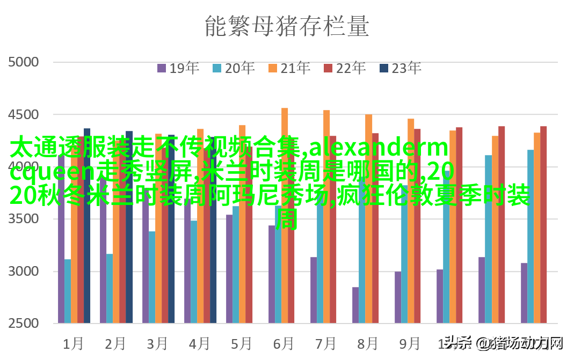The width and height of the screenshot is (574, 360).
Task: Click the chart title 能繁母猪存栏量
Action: click(x=287, y=26)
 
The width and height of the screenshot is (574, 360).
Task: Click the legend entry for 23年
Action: click(x=400, y=68)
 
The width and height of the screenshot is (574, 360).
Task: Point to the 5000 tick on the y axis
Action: click(x=24, y=62)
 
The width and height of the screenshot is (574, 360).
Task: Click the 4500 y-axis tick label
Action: click(x=24, y=115)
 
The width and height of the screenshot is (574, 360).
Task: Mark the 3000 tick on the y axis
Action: click(x=24, y=271)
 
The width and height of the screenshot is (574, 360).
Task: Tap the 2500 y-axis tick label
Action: click(x=24, y=324)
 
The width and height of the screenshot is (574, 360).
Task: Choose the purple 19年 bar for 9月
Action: click(x=398, y=297)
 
